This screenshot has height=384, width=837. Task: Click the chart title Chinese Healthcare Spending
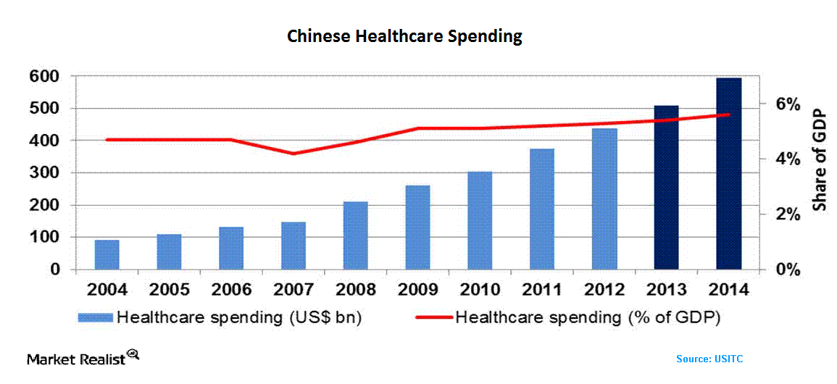[404, 37]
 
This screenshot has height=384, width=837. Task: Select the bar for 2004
[107, 254]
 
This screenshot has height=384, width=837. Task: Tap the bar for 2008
[356, 235]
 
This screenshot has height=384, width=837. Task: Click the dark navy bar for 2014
[729, 174]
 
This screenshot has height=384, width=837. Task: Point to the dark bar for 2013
[667, 188]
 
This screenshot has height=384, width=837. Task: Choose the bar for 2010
[480, 220]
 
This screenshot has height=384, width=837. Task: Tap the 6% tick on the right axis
[785, 104]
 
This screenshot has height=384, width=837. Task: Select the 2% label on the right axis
[785, 214]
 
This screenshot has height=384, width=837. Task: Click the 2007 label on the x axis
[293, 290]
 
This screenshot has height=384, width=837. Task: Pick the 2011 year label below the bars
[542, 290]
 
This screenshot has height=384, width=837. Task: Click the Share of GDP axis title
[820, 160]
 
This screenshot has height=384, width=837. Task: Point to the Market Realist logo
[82, 358]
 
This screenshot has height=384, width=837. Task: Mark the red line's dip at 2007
[293, 154]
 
